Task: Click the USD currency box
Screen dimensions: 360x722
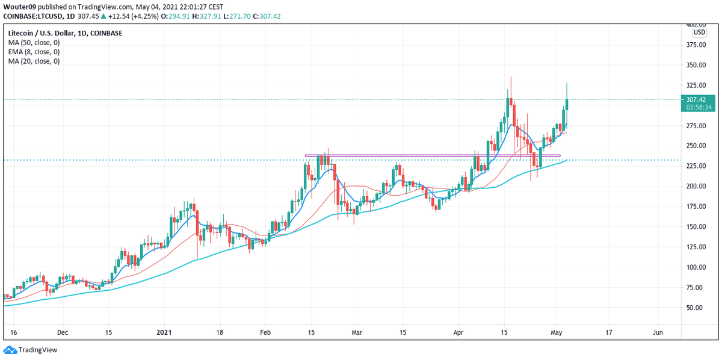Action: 699,33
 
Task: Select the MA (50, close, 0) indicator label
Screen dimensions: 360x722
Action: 33,43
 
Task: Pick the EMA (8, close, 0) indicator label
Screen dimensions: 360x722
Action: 33,52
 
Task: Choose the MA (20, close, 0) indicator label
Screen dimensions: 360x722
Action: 33,61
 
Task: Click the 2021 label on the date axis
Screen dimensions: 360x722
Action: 164,332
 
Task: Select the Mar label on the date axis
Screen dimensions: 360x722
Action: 357,332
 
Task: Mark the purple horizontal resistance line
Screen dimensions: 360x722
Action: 433,155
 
